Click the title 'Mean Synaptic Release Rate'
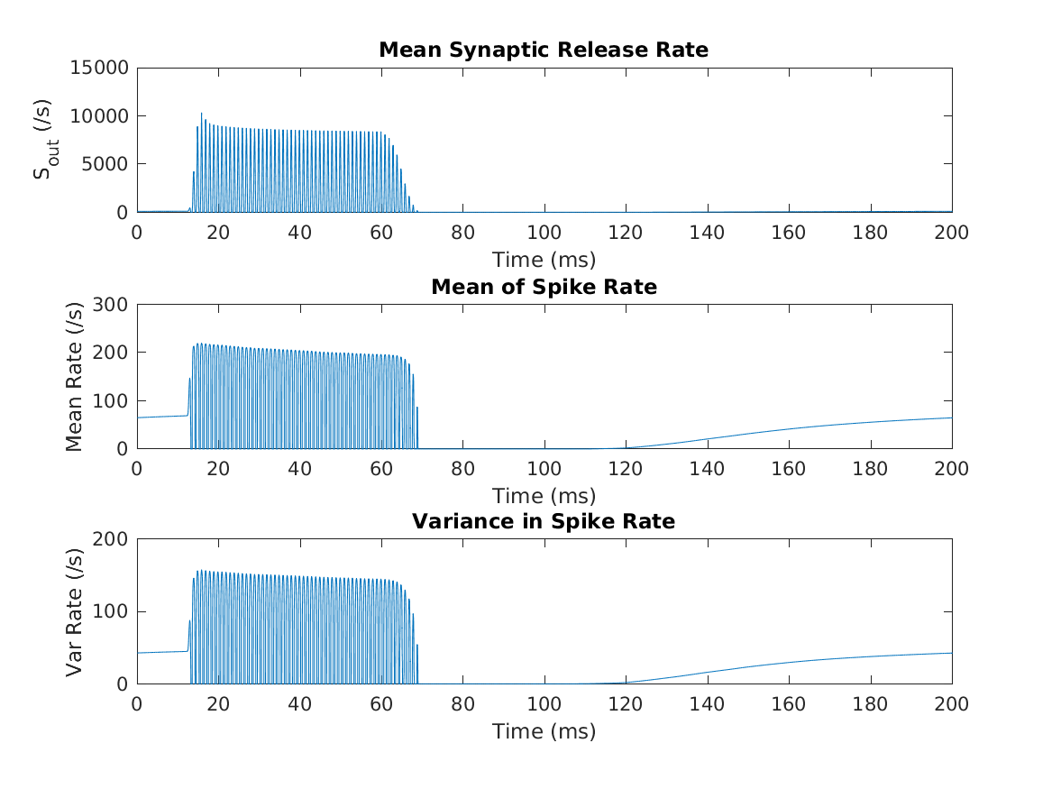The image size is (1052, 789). point(544,50)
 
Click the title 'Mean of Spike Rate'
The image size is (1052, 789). point(544,287)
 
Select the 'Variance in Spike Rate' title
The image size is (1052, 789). point(544,521)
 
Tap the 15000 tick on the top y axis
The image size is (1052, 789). point(101,68)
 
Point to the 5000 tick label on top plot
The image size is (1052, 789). point(105,164)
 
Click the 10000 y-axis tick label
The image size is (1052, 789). point(101,116)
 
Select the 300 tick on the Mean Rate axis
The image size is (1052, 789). point(114,304)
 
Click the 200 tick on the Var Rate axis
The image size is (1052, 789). point(114,539)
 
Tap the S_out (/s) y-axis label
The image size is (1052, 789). point(42,140)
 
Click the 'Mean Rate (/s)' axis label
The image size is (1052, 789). point(74,376)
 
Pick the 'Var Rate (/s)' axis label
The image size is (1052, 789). point(74,611)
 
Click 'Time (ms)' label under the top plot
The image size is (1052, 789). point(544,260)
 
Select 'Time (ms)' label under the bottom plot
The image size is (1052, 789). point(544,731)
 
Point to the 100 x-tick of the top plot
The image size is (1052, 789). point(544,232)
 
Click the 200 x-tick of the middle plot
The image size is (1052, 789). point(951,468)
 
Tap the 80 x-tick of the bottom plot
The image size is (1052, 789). point(462,703)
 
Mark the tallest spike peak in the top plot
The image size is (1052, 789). point(201,114)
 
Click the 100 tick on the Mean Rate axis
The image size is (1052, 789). point(114,400)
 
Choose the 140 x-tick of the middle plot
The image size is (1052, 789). point(707,468)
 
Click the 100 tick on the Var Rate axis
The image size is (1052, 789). point(114,611)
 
